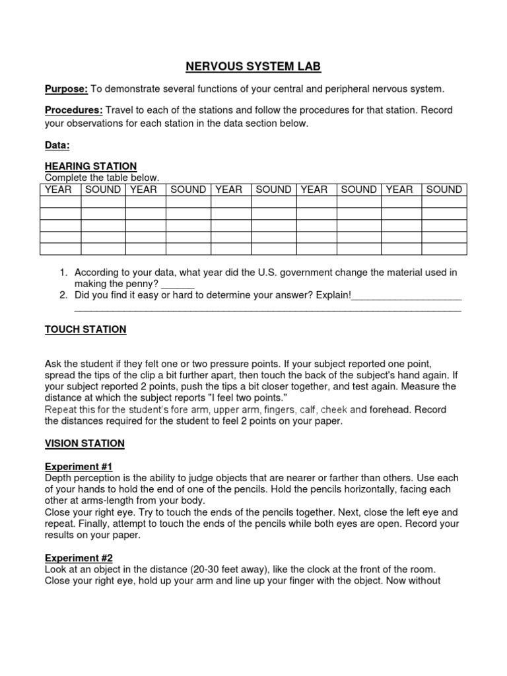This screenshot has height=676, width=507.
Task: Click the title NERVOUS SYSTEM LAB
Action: coord(253,67)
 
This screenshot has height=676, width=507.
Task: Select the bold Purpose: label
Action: coord(65,88)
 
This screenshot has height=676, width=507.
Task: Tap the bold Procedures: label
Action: coord(73,110)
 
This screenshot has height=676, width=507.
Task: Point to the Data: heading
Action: coord(57,145)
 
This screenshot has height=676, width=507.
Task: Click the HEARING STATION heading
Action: coord(90,166)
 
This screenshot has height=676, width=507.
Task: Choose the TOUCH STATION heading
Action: coord(85,329)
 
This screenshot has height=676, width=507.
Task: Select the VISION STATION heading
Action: coord(84,444)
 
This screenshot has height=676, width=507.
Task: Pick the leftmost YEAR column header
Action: coord(58,189)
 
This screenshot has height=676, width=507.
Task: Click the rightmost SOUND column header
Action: coord(444,189)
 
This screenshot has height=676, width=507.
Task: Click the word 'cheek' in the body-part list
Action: coord(333,409)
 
